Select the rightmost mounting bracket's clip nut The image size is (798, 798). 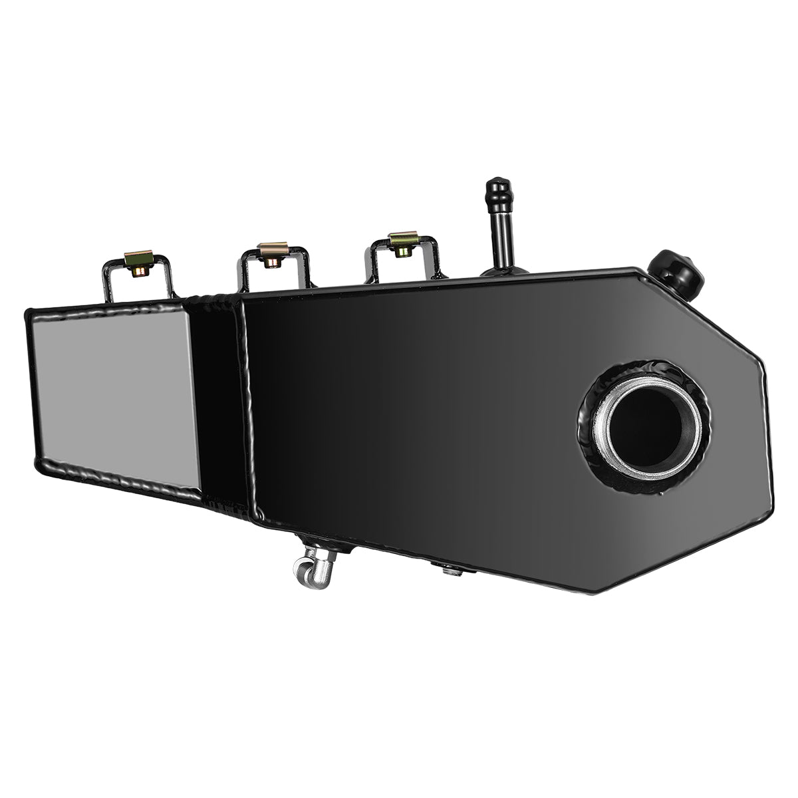coord(402,245)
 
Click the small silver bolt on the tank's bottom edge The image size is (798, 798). coord(449,568)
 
